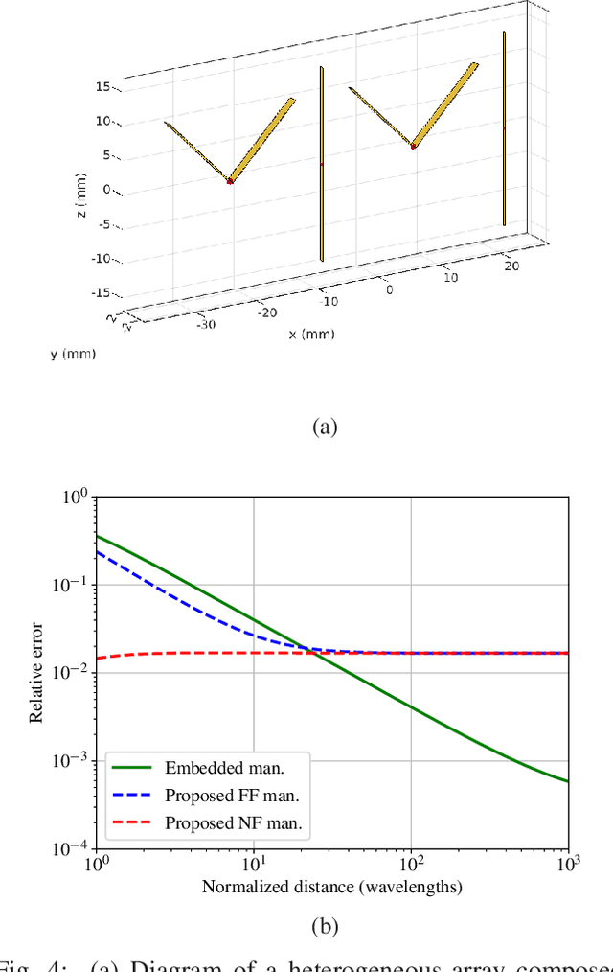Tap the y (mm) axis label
(x=73, y=354)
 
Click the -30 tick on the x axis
(x=206, y=324)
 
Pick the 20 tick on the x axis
(x=511, y=266)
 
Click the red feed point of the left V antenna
(x=230, y=180)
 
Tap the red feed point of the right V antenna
(x=413, y=146)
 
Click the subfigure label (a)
(x=326, y=427)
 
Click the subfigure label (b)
(x=327, y=925)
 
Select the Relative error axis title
(x=37, y=671)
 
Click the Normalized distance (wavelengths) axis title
(x=331, y=887)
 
